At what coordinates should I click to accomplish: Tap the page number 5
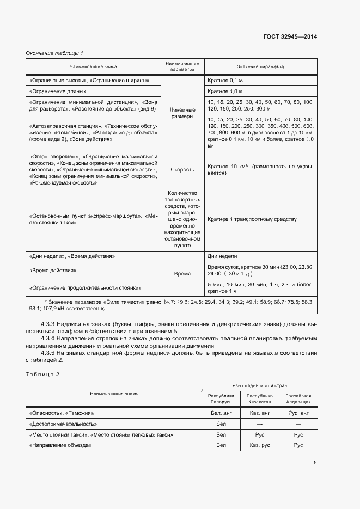pyautogui.click(x=315, y=463)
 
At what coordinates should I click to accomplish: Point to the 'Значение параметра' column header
pyautogui.click(x=260, y=67)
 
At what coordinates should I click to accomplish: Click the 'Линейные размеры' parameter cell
pyautogui.click(x=182, y=113)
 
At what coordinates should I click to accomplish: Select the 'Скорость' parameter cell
pyautogui.click(x=182, y=169)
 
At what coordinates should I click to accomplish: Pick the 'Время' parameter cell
pyautogui.click(x=182, y=274)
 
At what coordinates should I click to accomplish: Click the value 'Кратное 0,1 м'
pyautogui.click(x=225, y=81)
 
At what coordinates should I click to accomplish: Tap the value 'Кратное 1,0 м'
pyautogui.click(x=225, y=91)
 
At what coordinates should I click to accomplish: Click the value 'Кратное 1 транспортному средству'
pyautogui.click(x=252, y=219)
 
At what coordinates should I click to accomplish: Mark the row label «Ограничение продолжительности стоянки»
pyautogui.click(x=86, y=287)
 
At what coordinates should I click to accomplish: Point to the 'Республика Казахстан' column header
pyautogui.click(x=259, y=399)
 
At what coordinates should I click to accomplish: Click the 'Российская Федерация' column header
pyautogui.click(x=298, y=399)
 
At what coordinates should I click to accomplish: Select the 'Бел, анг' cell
pyautogui.click(x=221, y=413)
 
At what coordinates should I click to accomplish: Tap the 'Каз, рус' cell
pyautogui.click(x=259, y=445)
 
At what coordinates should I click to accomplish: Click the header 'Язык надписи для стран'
pyautogui.click(x=259, y=385)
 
